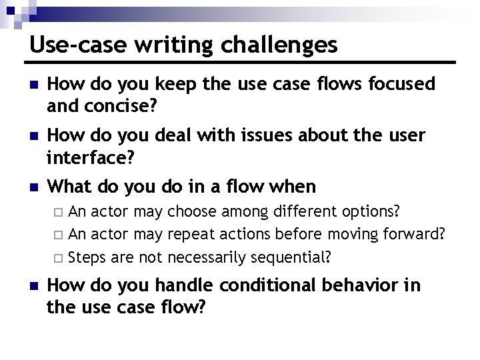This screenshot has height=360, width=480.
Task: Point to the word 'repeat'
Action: click(191, 235)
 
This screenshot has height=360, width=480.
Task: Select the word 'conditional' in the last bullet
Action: click(276, 286)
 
